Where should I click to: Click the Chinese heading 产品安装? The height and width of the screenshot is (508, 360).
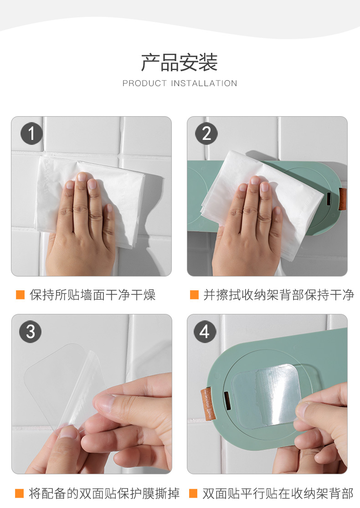point(179,62)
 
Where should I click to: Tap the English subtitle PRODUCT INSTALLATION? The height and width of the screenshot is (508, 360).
point(180,83)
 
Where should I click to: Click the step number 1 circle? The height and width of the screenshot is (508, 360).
point(31,133)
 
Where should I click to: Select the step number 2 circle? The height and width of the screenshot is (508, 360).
point(206,133)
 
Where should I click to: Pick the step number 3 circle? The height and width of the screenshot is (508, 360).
point(31,331)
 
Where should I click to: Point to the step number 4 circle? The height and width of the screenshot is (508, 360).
point(205,331)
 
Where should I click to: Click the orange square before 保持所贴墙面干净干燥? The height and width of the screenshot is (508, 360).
point(21,295)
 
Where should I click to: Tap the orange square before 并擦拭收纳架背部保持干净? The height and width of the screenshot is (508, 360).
point(195,295)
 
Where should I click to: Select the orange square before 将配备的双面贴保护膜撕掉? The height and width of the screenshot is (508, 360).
point(20,493)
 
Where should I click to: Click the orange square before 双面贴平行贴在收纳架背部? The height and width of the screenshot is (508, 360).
point(194,493)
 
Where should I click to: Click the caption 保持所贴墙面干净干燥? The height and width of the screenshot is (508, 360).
point(93,295)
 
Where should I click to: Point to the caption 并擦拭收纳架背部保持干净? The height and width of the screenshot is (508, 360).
point(279,295)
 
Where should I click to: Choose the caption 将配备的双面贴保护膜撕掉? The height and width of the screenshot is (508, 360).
point(104,493)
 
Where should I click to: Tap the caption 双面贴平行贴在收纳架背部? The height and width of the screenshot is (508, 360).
point(278,493)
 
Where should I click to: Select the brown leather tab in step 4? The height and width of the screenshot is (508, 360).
point(208,404)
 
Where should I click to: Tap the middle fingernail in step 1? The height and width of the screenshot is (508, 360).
point(82,177)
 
